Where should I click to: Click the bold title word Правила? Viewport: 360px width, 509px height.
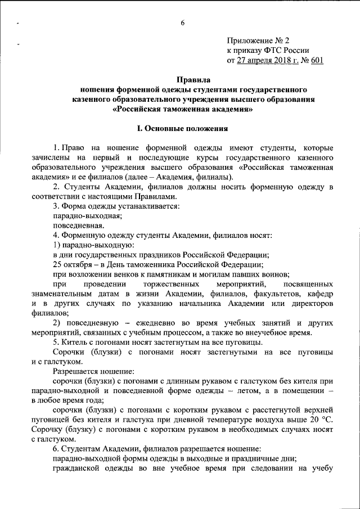[x=182, y=80]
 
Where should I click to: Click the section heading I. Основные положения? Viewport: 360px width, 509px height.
[x=182, y=128]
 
